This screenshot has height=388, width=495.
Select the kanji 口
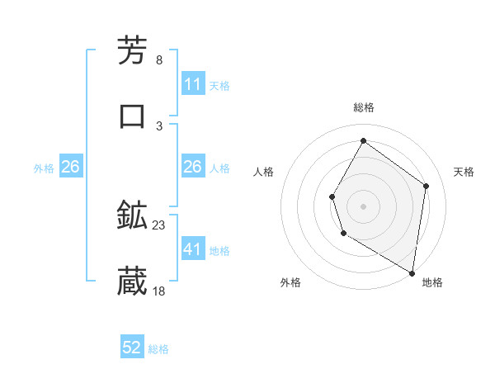click(133, 116)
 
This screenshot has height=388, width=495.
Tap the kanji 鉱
click(133, 216)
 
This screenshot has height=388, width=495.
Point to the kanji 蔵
click(133, 282)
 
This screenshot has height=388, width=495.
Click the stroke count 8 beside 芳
click(158, 60)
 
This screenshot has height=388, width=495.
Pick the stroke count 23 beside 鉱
click(158, 225)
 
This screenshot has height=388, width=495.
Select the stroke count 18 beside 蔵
click(158, 291)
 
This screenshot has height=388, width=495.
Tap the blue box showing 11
click(192, 84)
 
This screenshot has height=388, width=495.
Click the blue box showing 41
click(192, 249)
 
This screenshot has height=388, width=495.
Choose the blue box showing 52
click(132, 348)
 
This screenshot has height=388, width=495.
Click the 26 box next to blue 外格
click(70, 167)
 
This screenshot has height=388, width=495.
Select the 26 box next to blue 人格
click(192, 167)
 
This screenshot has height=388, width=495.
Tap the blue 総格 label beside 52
click(158, 349)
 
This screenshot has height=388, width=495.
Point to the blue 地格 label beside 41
click(219, 250)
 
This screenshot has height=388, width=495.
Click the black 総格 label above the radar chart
click(363, 107)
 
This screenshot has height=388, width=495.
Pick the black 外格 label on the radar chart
click(290, 282)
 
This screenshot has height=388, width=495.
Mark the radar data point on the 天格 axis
click(427, 186)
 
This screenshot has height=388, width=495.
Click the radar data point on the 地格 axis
click(412, 272)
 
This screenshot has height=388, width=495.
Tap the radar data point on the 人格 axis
click(332, 196)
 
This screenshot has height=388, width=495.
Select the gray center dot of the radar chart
click(363, 206)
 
